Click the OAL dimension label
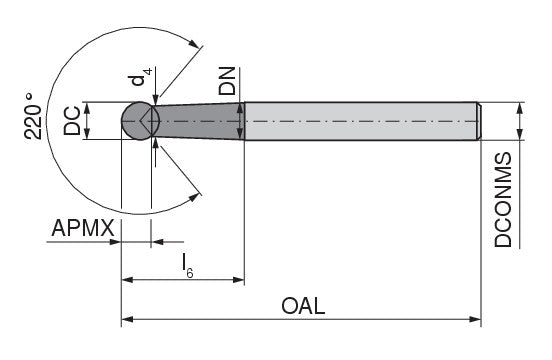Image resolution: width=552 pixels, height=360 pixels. point(303,306)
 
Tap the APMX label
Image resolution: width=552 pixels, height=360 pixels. point(83,228)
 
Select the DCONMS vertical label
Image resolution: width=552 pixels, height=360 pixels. point(503,200)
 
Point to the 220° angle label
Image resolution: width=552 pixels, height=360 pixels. point(33,116)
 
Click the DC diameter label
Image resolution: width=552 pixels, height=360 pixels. point(72,121)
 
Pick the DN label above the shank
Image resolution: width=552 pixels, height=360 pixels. point(227,81)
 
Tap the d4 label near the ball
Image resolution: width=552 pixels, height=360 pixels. point(141,77)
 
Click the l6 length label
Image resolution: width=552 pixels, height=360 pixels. point(187,266)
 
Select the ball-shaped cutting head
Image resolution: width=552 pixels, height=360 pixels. point(139,121)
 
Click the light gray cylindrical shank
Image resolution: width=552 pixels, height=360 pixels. point(361,121)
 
